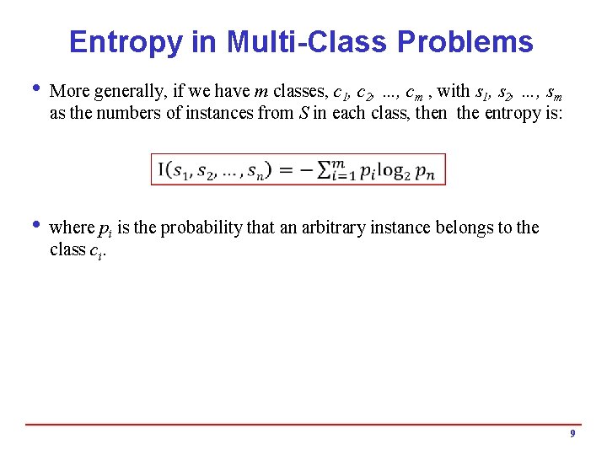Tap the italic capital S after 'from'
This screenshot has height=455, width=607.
(x=303, y=112)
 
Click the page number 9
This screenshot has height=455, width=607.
(x=572, y=433)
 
